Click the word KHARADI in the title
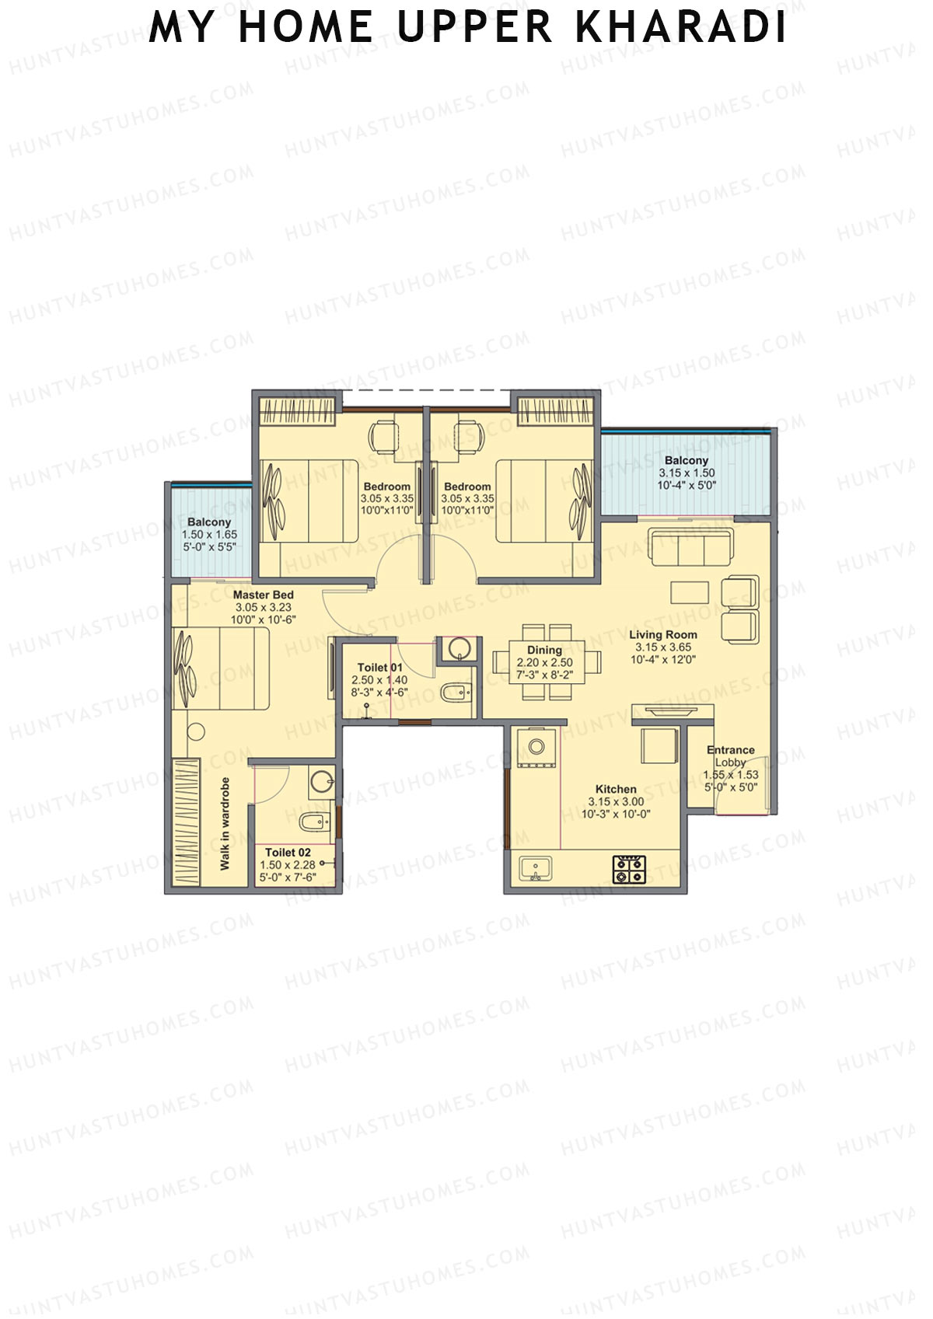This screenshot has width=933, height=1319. pos(681,27)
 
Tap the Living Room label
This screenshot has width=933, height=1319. pos(662,634)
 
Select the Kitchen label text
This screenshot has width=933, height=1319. pos(616,789)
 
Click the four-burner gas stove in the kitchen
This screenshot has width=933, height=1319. pos(629,869)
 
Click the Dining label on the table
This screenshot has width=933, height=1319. pos(544,650)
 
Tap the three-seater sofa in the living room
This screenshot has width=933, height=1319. pos(691,549)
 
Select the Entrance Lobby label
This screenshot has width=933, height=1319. pos(731,755)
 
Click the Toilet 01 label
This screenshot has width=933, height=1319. pos(379,667)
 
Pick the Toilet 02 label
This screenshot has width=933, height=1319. pos(288,853)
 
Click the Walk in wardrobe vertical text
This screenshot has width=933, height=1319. pos(225,823)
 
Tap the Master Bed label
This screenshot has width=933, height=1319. pos(263,595)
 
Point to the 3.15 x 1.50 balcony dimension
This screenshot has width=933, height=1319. pos(687,473)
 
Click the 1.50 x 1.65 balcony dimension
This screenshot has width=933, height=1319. pos(209,535)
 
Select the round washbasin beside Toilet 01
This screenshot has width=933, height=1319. pos(460,647)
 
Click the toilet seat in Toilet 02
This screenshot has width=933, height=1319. pos(313,821)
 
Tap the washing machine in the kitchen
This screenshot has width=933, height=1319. pos(536,748)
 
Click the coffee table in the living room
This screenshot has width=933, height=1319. pos(690,592)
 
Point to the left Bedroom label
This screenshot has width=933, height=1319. pos(386,487)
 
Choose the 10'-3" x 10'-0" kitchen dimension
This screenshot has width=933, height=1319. pos(616,814)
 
